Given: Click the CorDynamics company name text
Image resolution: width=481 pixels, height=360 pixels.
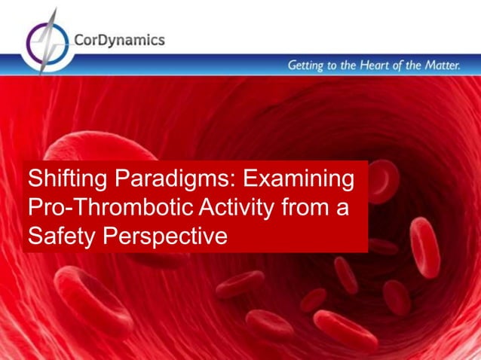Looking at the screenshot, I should (x=119, y=40).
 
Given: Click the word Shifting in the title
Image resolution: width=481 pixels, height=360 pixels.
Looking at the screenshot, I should (x=69, y=181).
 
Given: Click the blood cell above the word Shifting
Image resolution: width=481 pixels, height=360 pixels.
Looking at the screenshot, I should (x=98, y=147).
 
